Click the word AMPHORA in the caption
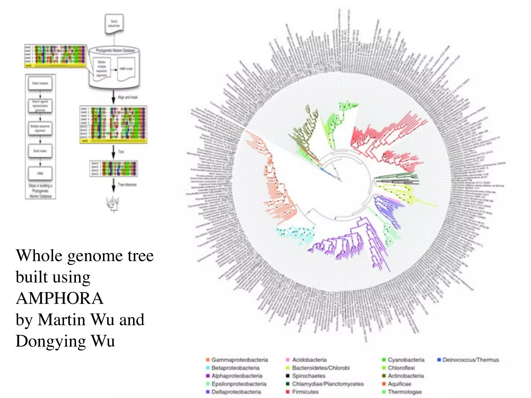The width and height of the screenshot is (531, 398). (x=60, y=298)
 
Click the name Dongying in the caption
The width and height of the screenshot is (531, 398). (x=51, y=341)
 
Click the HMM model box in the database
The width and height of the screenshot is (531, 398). (x=126, y=69)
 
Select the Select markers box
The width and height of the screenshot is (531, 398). (x=40, y=83)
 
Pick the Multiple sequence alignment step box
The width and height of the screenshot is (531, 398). (x=40, y=128)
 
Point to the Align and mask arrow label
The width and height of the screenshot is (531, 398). (x=128, y=97)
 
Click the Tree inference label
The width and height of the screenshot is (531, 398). (x=127, y=184)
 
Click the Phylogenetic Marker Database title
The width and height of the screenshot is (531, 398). (x=115, y=50)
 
